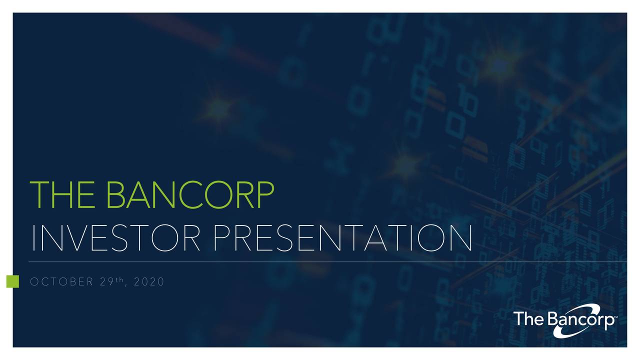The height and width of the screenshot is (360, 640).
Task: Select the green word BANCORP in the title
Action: tap(190, 195)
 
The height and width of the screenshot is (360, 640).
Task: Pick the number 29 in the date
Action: tap(105, 282)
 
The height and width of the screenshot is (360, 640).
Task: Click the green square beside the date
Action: tap(12, 281)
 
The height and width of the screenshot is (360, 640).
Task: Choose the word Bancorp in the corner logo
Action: tap(580, 319)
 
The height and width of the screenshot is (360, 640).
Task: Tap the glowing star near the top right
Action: tap(499, 64)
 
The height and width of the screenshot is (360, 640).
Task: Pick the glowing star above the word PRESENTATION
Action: tap(406, 163)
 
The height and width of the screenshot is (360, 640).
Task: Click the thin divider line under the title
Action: tap(320, 261)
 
